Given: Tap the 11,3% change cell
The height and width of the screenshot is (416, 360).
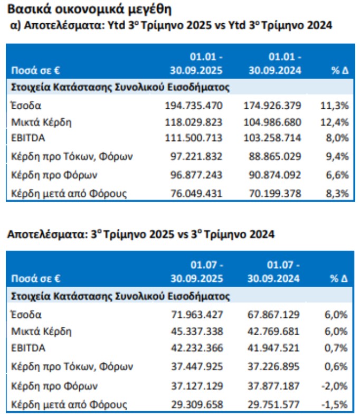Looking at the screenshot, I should coord(335,106).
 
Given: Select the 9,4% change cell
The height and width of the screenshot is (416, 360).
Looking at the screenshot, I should coord(337,156).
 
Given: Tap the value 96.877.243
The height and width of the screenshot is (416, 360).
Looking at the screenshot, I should coord(195,175).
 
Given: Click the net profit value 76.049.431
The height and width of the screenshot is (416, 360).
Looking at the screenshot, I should coord(195,193).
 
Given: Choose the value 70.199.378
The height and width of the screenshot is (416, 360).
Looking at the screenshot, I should coord(273,193).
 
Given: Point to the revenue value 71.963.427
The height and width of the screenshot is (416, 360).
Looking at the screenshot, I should coord(195,315).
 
